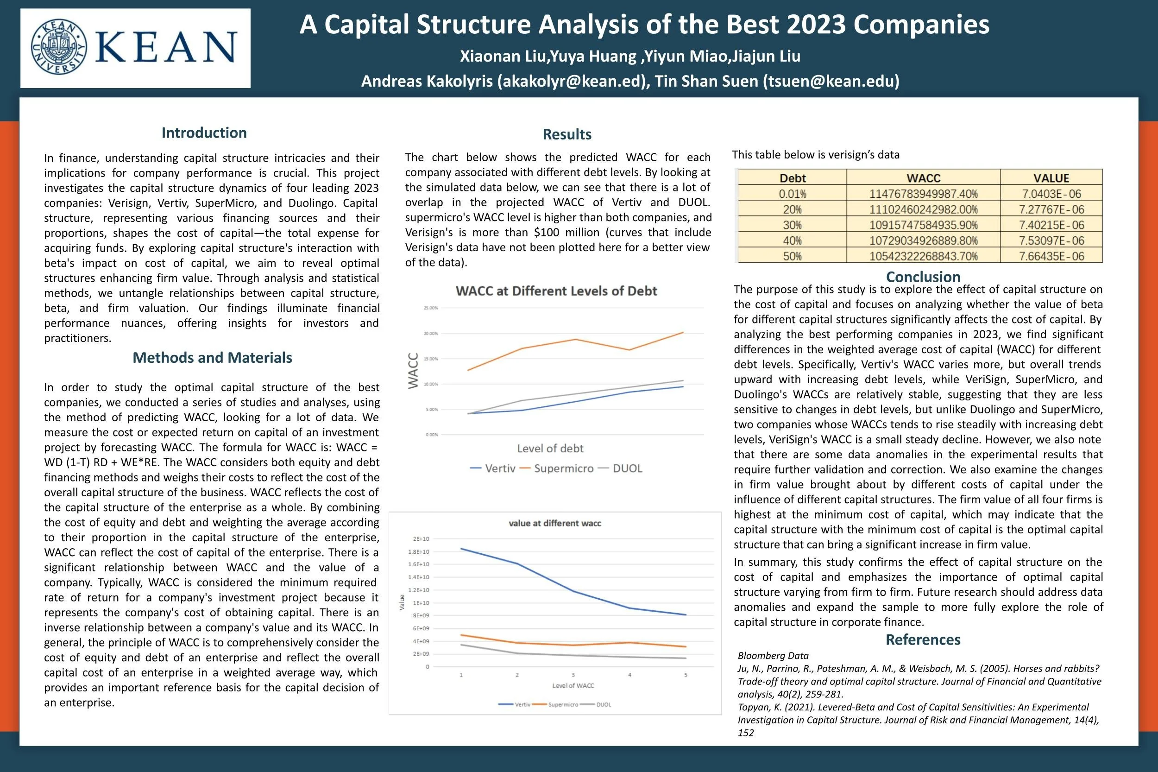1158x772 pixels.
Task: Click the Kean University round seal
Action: [x=58, y=47]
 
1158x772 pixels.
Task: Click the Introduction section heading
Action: [x=204, y=133]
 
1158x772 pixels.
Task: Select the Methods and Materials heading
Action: [x=212, y=357]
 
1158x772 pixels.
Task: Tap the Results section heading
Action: [x=567, y=134]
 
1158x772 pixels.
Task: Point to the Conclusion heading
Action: [x=923, y=277]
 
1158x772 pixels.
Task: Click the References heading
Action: [x=923, y=639]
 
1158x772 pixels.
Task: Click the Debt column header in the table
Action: [x=793, y=178]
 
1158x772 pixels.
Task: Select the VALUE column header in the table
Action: [x=1051, y=178]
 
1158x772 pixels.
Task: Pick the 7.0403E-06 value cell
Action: [x=1051, y=194]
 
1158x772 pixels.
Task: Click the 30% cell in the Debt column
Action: [x=793, y=225]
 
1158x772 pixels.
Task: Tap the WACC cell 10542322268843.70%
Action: [x=923, y=256]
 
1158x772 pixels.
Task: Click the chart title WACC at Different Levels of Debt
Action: [x=556, y=291]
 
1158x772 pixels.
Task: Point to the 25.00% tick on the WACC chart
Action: [x=431, y=308]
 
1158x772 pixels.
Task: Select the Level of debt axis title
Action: [x=550, y=449]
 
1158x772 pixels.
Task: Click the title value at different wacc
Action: [x=554, y=523]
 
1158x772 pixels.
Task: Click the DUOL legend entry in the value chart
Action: [x=604, y=704]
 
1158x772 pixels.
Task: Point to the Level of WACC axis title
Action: [x=573, y=685]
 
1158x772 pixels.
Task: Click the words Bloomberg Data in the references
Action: [x=773, y=655]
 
